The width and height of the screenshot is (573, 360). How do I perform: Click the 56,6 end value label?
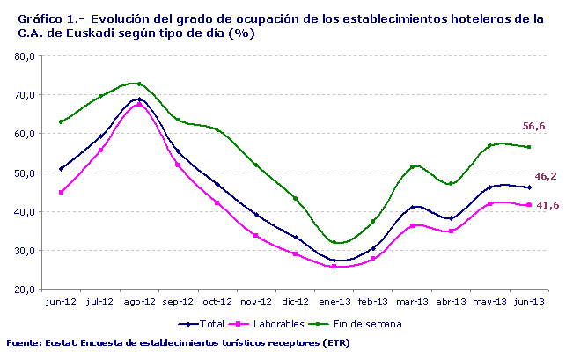click(534, 127)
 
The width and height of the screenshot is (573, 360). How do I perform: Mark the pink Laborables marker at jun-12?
click(61, 192)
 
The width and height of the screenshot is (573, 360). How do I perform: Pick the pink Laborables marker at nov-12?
click(256, 235)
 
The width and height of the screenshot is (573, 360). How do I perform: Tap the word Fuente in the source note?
click(25, 342)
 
